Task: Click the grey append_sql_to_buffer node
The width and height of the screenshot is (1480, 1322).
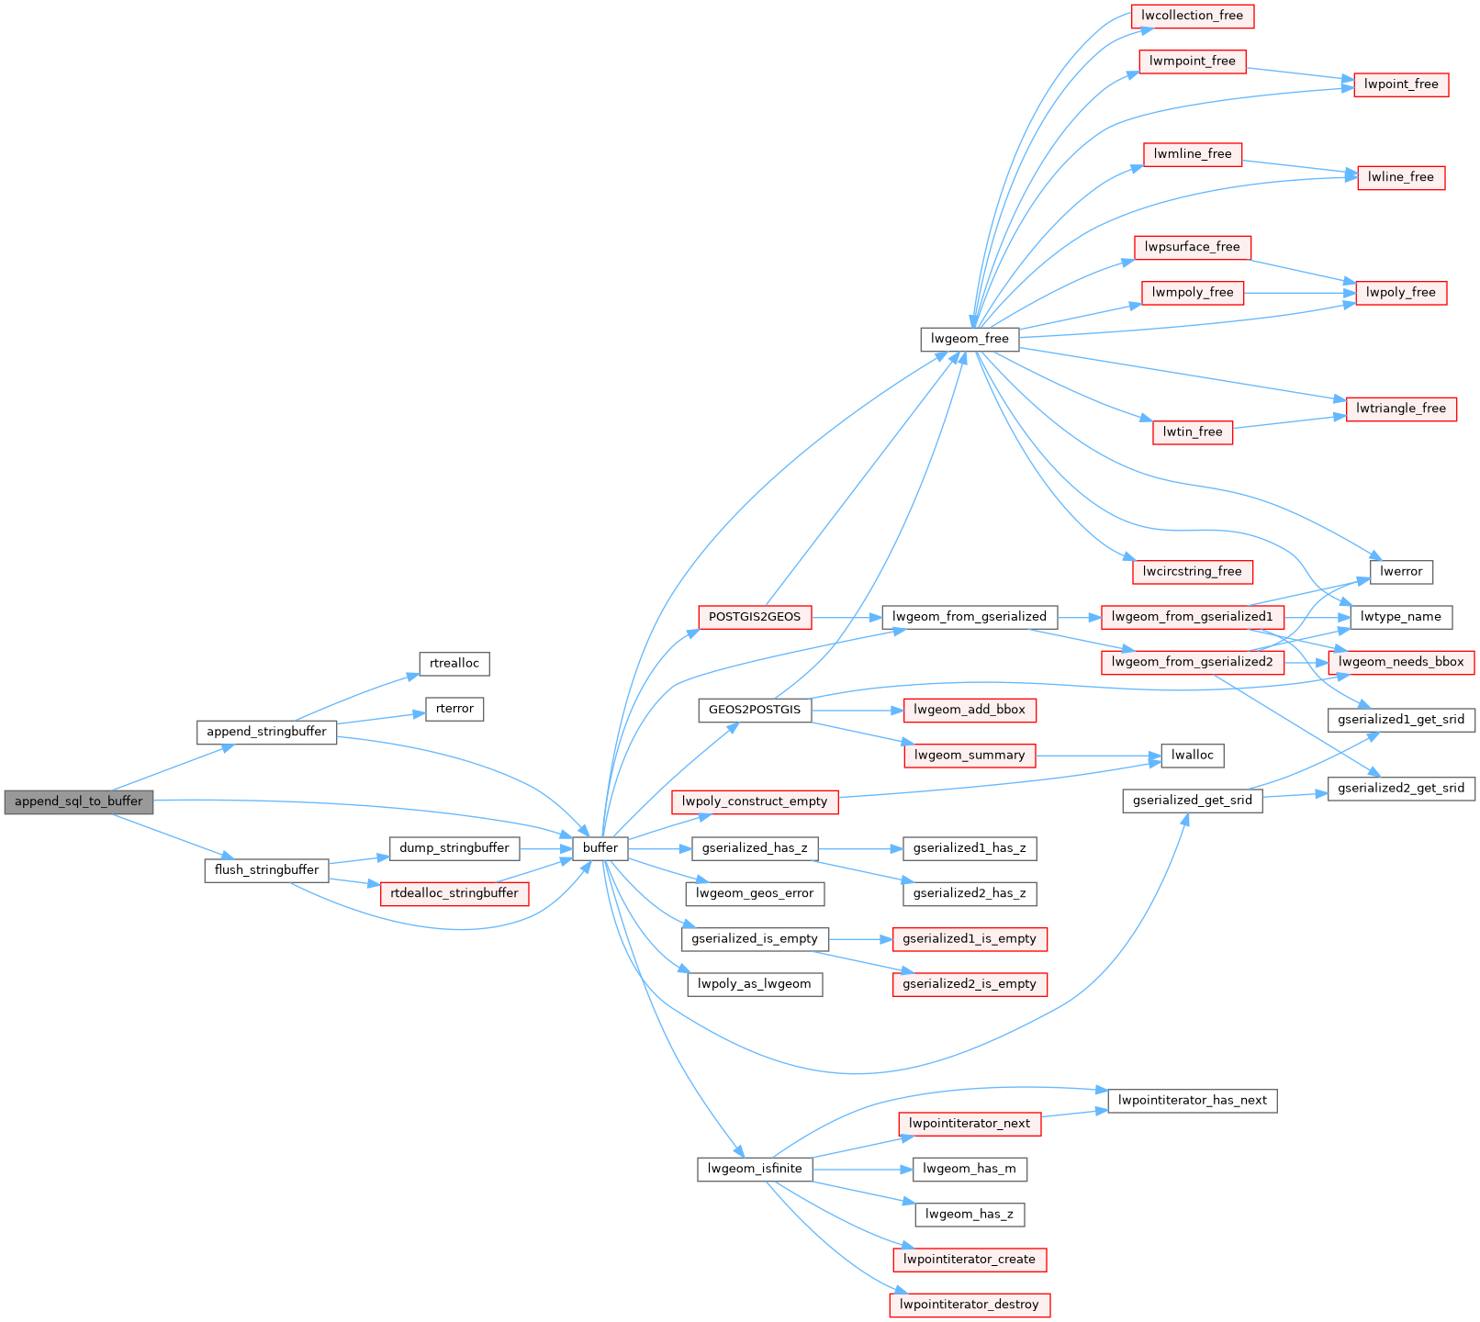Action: pos(78,801)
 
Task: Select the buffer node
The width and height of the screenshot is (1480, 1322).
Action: pos(600,847)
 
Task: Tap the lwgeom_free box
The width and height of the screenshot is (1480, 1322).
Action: pos(970,339)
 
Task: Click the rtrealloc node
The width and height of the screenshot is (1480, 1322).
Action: pos(454,664)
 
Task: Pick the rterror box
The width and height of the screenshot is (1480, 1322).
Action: pos(454,709)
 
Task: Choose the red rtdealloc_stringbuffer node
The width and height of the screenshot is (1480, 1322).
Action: pos(454,893)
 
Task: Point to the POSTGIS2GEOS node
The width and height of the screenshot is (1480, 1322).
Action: pos(755,617)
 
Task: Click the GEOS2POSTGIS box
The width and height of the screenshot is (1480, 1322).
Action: pos(755,710)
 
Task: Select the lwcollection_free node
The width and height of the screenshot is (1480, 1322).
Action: pos(1192,16)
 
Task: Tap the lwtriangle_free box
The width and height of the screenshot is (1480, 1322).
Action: pos(1400,409)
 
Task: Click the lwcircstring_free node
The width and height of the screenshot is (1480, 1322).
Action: pos(1192,572)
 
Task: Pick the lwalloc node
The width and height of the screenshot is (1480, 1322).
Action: pos(1192,756)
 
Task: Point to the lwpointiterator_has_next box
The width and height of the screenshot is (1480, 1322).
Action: pos(1192,1101)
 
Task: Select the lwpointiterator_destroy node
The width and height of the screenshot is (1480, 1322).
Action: pos(970,1305)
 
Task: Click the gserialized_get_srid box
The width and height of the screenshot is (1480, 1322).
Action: pos(1192,801)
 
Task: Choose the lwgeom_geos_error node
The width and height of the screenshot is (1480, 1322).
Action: pos(755,893)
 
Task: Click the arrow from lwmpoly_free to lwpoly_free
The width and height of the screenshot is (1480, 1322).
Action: pos(1299,293)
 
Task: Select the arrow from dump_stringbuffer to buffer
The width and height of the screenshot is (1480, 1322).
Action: pos(546,848)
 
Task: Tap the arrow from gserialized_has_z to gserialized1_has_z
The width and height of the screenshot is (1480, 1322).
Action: pos(859,848)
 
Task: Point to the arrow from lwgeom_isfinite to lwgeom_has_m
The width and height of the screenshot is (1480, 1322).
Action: pos(862,1169)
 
